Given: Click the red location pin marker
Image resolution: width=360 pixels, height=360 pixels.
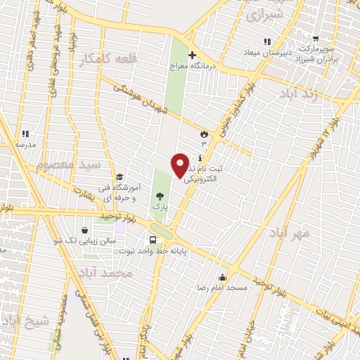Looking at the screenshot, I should (x=181, y=165).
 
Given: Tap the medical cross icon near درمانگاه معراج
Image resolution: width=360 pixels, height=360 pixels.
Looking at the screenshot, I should (x=191, y=55).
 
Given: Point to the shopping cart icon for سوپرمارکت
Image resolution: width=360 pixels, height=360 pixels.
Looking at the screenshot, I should (x=316, y=39).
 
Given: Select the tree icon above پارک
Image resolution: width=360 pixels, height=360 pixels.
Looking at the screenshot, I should (x=161, y=197).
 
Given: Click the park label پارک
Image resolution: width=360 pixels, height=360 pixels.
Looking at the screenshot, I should (x=162, y=208).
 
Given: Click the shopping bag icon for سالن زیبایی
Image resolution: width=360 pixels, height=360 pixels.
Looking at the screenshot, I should (x=85, y=230).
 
